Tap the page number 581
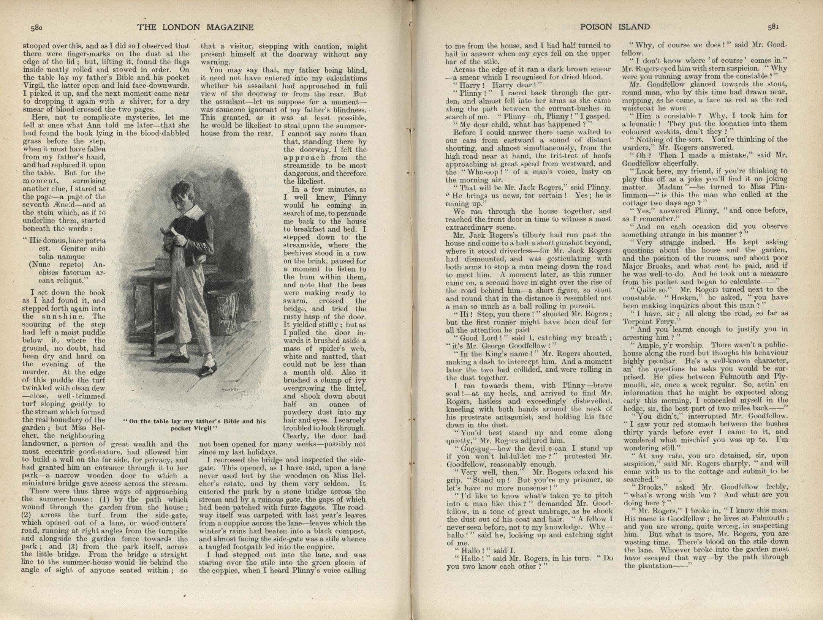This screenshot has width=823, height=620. click(x=774, y=27)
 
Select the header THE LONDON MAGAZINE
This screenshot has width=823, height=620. click(x=195, y=27)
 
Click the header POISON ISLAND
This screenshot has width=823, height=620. click(x=615, y=27)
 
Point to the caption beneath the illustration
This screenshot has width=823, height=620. click(x=195, y=424)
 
